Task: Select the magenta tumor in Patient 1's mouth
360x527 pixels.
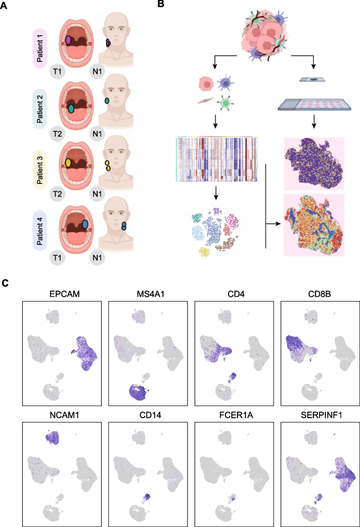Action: (x=68, y=40)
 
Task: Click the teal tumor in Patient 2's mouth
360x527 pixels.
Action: (x=71, y=109)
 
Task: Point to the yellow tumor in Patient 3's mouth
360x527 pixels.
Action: (x=68, y=163)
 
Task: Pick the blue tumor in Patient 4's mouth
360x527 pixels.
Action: (x=85, y=224)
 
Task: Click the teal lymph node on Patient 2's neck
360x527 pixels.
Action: (x=107, y=100)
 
